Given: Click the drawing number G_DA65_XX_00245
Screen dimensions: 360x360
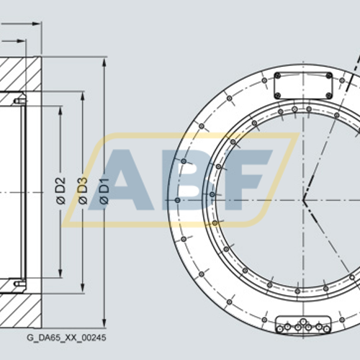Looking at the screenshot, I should (x=66, y=337).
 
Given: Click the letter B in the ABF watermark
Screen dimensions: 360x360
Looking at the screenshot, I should (x=183, y=180).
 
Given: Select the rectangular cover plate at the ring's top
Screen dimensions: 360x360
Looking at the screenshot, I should (x=303, y=86).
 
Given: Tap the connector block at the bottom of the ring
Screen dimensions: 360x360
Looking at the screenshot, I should (x=303, y=325).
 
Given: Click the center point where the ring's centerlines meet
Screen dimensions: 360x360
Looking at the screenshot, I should (x=303, y=199).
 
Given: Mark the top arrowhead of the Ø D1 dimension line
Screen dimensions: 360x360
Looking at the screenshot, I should (x=104, y=61).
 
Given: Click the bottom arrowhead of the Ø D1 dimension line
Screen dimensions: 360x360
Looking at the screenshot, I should (x=104, y=325).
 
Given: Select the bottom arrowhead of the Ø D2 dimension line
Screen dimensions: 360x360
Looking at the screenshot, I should (x=60, y=276).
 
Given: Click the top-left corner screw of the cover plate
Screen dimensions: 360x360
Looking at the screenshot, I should (x=278, y=75).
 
